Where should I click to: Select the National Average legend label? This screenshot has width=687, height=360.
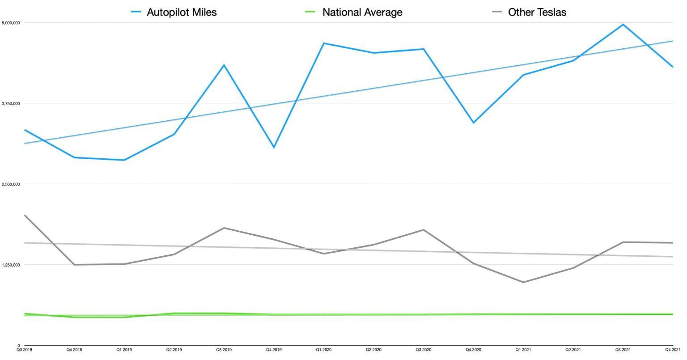click(x=362, y=13)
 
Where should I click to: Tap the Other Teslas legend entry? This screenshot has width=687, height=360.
click(x=537, y=13)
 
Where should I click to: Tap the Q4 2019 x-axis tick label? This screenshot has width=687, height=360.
click(x=274, y=350)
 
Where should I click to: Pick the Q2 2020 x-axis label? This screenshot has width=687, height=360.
click(x=373, y=350)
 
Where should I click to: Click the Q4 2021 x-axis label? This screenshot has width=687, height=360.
click(x=672, y=350)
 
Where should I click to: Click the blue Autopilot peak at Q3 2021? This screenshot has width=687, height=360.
click(x=623, y=25)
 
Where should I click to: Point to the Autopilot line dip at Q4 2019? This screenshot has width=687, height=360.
click(x=274, y=147)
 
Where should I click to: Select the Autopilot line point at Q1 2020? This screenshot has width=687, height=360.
click(x=324, y=43)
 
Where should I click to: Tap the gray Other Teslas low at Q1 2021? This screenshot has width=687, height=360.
click(x=523, y=282)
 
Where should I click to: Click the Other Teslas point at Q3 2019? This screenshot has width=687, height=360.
click(x=224, y=228)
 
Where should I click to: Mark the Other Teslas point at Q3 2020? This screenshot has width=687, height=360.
click(x=424, y=230)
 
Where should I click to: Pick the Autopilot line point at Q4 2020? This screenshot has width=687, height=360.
click(x=473, y=123)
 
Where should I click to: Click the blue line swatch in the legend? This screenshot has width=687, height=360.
click(x=136, y=13)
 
